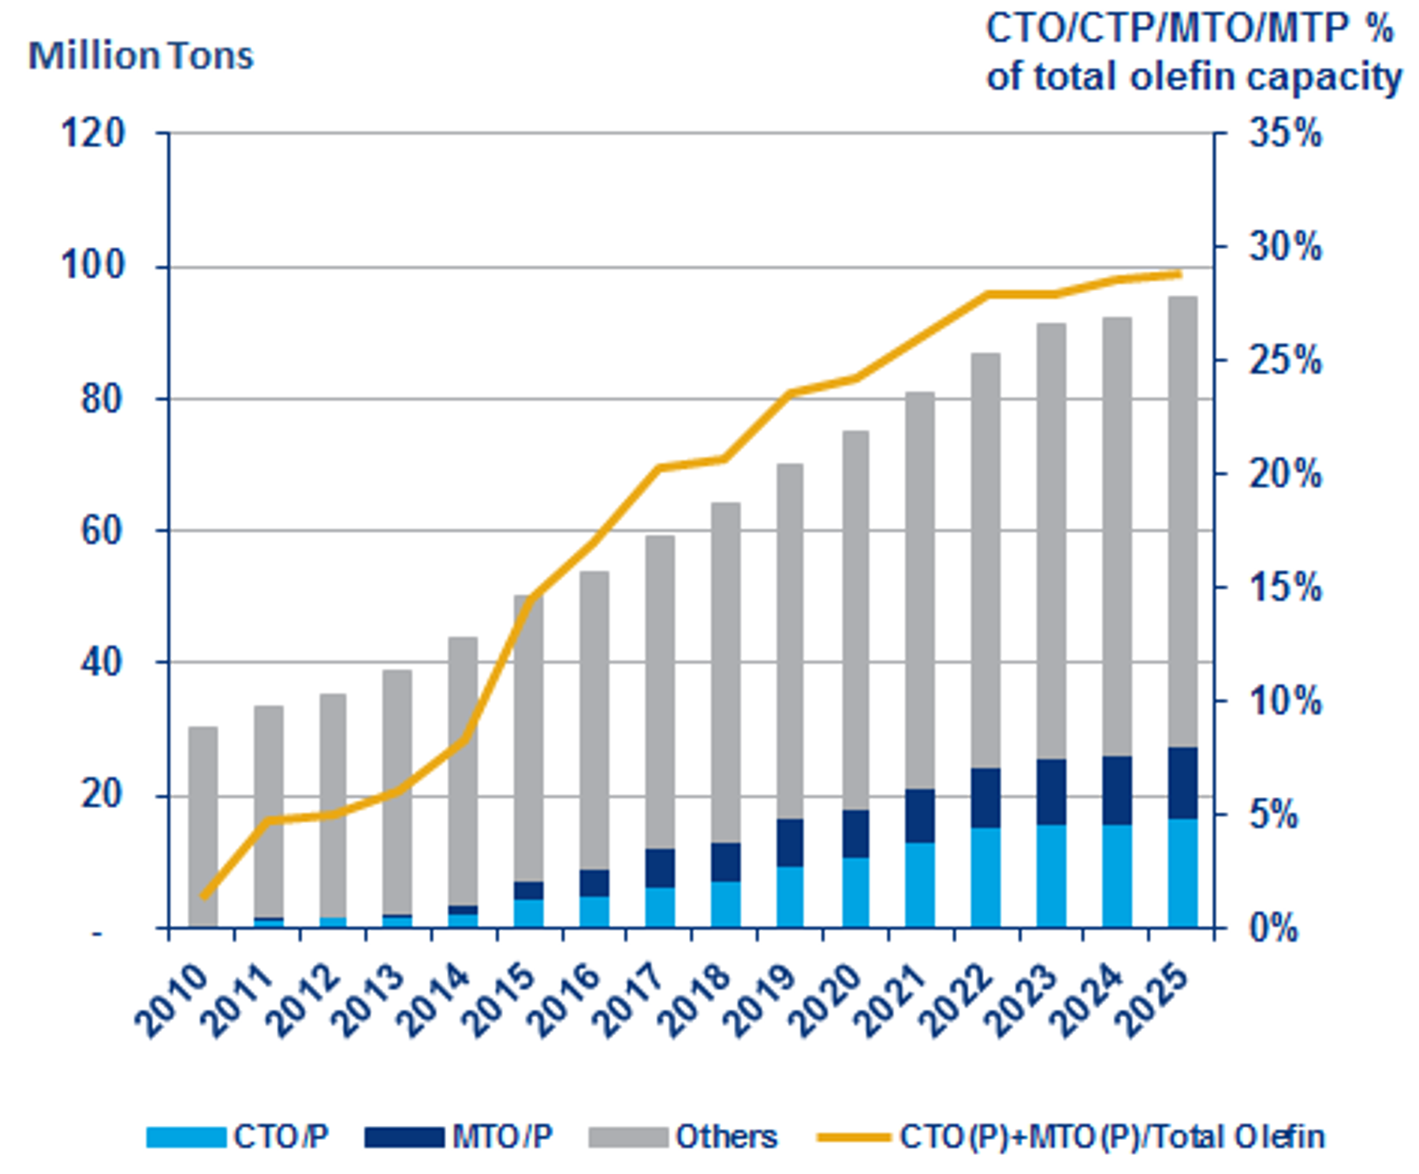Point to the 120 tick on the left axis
coord(93,134)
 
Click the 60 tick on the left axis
coord(102,531)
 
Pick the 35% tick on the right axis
coord(1284,134)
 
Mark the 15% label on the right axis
coord(1284,588)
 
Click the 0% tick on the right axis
coord(1273,929)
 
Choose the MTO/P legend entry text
coord(503,1137)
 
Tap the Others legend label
coord(726,1137)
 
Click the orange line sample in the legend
coord(854,1137)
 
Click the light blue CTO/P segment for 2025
coord(1182,874)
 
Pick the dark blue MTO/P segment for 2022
coord(985,798)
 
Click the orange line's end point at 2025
coord(1180,274)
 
